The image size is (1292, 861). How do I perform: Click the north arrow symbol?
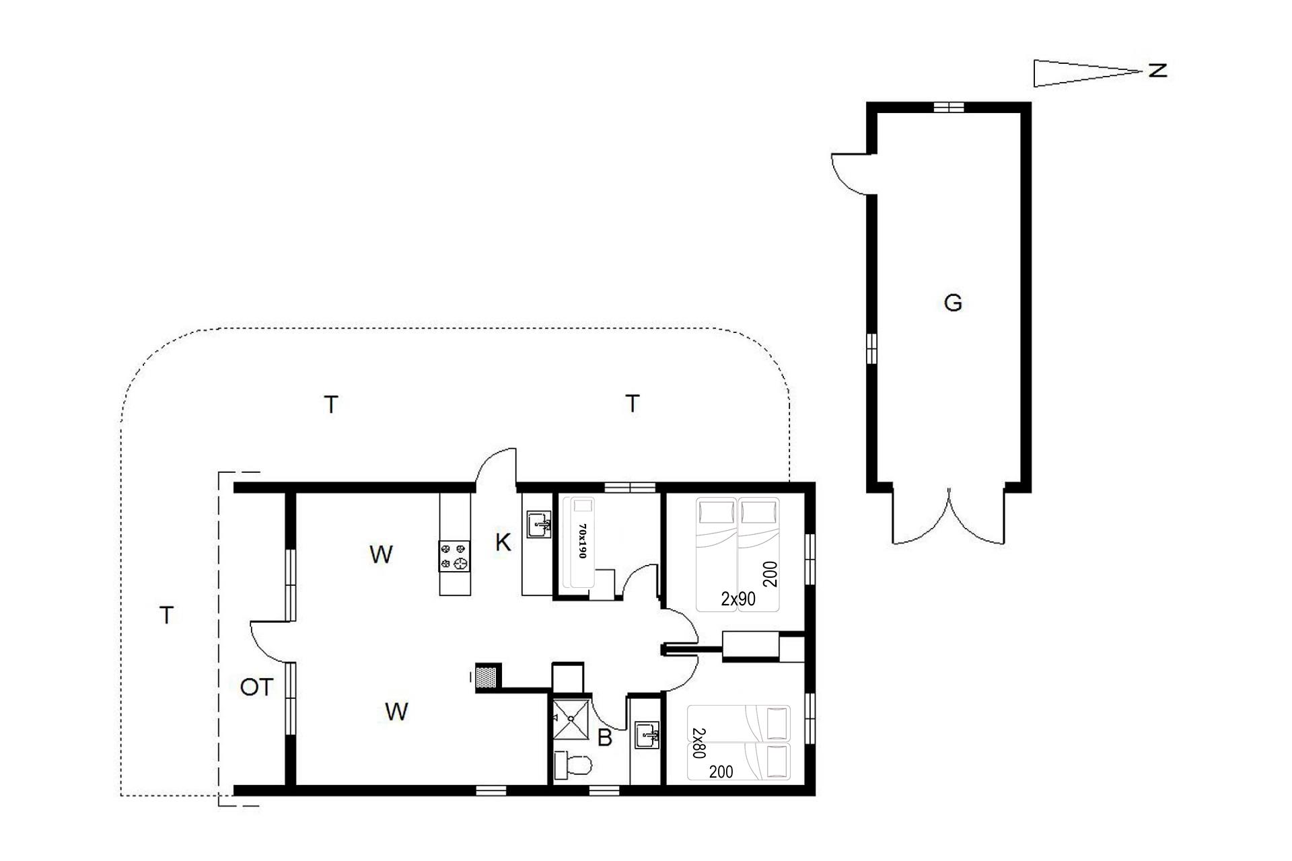[1087, 73]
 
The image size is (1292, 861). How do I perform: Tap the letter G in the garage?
[953, 303]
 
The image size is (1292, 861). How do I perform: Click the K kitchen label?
[503, 542]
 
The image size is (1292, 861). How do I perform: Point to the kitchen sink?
[538, 524]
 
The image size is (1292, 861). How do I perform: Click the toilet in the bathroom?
[572, 765]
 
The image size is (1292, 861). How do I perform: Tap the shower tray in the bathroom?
[571, 718]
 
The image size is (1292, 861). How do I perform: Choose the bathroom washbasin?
[647, 735]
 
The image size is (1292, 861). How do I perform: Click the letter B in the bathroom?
[605, 738]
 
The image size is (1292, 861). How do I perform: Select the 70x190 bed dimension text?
[583, 541]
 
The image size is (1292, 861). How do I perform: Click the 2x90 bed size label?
[738, 599]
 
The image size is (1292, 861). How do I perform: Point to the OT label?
[257, 687]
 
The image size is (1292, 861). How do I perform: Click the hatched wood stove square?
[488, 676]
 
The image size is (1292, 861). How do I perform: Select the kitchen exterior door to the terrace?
[496, 465]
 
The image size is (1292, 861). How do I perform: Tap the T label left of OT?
[166, 615]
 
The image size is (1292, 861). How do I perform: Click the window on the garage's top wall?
[949, 107]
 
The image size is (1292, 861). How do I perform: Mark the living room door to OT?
[269, 642]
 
